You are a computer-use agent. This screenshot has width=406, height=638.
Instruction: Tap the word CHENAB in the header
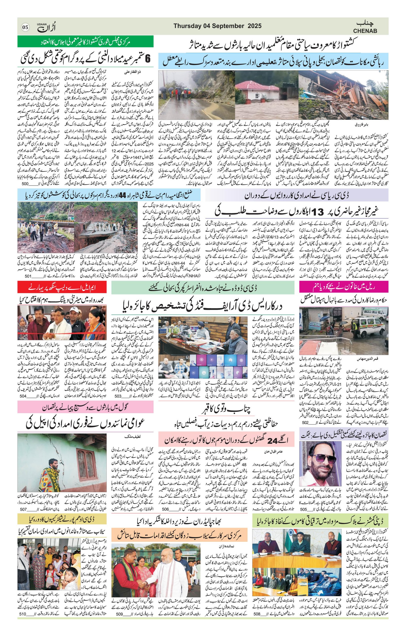click(365, 31)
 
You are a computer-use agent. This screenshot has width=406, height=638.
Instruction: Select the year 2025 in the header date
click(255, 26)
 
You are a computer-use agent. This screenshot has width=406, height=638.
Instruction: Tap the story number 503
click(118, 396)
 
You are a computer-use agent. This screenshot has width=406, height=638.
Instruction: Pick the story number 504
click(24, 396)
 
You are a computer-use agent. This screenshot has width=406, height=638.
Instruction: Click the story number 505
click(303, 509)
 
